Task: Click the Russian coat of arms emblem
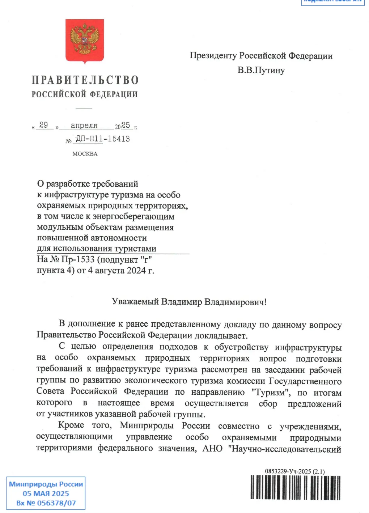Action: pos(85,40)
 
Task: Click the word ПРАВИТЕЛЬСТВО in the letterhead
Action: pos(85,80)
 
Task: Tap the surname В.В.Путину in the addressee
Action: pos(261,70)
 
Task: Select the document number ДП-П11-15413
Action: pos(103,139)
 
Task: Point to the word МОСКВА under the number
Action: pos(85,154)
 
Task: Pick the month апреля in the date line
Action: pos(84,126)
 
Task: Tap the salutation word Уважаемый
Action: pos(135,302)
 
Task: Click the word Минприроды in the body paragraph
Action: pos(147,425)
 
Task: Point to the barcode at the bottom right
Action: pos(295,487)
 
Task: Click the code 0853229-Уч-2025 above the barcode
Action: pos(288,471)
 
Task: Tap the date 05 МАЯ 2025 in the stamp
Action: pos(46,493)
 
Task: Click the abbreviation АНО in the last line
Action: pos(212,449)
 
